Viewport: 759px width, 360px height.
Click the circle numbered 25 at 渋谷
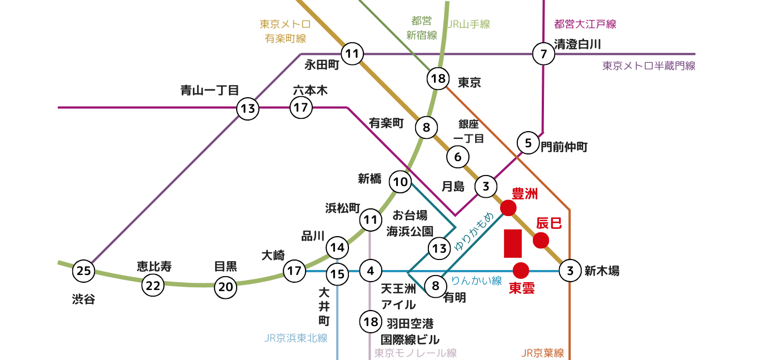pyautogui.click(x=83, y=271)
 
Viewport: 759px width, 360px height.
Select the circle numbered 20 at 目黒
pyautogui.click(x=226, y=287)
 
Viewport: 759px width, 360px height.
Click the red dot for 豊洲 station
pyautogui.click(x=508, y=208)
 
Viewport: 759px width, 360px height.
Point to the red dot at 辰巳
pyautogui.click(x=541, y=241)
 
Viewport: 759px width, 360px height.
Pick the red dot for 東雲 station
pyautogui.click(x=521, y=271)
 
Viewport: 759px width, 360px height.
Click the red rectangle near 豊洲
pyautogui.click(x=513, y=243)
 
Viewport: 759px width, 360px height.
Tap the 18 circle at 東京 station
pyautogui.click(x=438, y=79)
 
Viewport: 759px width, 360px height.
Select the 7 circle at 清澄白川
pyautogui.click(x=543, y=54)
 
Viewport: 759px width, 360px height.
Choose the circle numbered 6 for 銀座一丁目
pyautogui.click(x=458, y=157)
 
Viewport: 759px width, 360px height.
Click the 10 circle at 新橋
pyautogui.click(x=401, y=182)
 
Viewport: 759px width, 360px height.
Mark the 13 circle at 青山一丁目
pyautogui.click(x=248, y=109)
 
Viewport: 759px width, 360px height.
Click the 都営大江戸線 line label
pyautogui.click(x=585, y=24)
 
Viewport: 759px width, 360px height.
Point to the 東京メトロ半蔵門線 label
pyautogui.click(x=648, y=66)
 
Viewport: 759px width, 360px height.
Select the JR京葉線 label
pyautogui.click(x=543, y=353)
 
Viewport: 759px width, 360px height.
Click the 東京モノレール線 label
pyautogui.click(x=415, y=353)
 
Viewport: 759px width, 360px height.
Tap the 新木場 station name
pyautogui.click(x=602, y=271)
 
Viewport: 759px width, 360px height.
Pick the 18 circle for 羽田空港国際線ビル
pyautogui.click(x=371, y=321)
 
